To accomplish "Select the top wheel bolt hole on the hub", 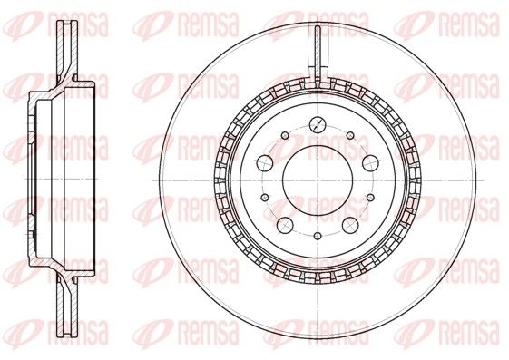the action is (x=318, y=123).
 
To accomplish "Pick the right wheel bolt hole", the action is (x=371, y=163).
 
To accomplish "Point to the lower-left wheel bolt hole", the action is (x=286, y=225).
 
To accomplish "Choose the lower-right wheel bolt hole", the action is (x=351, y=225).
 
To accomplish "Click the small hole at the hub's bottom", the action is (x=318, y=236).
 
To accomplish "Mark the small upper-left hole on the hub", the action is (x=285, y=135).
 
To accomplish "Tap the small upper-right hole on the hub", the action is (x=350, y=135).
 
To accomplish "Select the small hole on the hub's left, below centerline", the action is (x=265, y=197).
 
